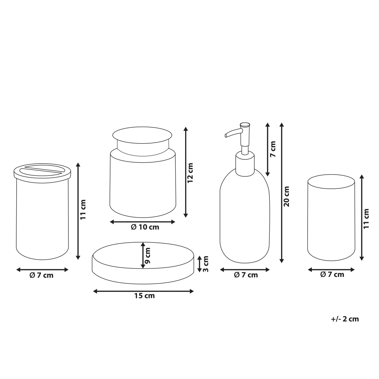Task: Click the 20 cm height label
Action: pos(287,196)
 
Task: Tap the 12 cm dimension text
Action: pos(190,173)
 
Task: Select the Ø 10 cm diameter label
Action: pos(145,227)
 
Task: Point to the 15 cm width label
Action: pos(144,301)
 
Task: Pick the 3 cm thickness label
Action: pos(205,264)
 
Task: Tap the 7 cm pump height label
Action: pos(273,149)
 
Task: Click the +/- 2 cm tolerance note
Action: pos(345,319)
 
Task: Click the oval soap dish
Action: pos(143,263)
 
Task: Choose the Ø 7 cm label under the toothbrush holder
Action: pos(41,275)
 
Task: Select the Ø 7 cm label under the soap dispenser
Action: pos(246,275)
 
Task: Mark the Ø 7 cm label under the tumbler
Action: pos(332,274)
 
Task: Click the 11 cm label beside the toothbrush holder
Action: pos(83,209)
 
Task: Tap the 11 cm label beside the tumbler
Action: pos(366,218)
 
